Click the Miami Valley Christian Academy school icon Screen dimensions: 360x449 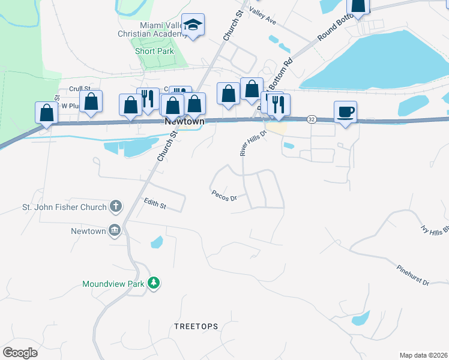point(193,25)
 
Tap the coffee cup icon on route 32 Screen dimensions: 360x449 point(345,112)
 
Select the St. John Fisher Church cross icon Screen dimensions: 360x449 point(115,208)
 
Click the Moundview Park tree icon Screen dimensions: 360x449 point(154,283)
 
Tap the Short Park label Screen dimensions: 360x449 point(154,51)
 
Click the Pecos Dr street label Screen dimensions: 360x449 point(224,196)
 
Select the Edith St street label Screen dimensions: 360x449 point(155,204)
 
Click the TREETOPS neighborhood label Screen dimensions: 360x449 point(196,326)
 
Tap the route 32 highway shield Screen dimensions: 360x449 point(312,119)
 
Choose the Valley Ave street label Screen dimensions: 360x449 point(262,16)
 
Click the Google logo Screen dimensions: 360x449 point(20,353)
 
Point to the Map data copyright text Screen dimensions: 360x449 point(423,355)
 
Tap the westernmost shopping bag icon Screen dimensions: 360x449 point(46,113)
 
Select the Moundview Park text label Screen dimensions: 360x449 point(113,283)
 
